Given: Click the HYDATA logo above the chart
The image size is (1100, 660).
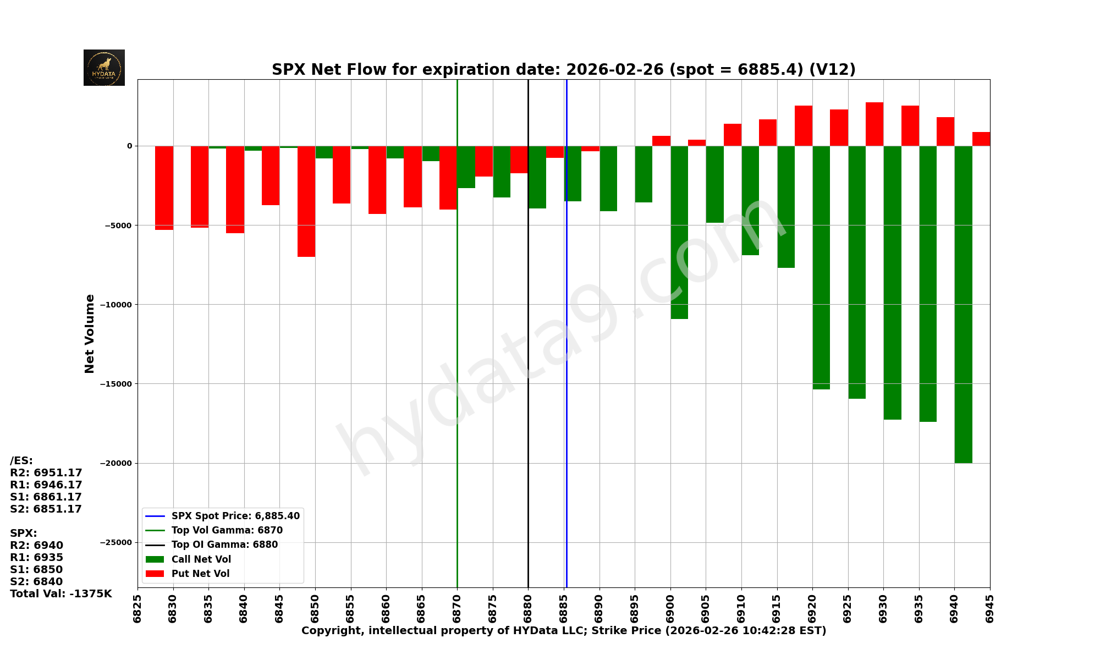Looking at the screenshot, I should coord(104,68).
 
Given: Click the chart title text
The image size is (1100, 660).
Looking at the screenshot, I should coord(563,70).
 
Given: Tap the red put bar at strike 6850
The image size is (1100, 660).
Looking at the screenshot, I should coord(306,201).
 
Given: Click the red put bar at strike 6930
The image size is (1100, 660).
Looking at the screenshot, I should coord(875,124).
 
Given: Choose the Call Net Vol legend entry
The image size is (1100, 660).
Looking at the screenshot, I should coord(201,559).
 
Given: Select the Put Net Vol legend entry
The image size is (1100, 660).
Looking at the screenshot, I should coord(200,574).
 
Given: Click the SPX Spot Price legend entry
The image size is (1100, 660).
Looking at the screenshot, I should coord(235,516).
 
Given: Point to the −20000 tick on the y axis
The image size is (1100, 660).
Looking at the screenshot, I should coord(116,463).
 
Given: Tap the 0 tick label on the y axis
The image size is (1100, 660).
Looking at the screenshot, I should coord(130,146).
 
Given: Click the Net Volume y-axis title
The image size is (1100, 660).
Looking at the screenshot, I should coord(90,333).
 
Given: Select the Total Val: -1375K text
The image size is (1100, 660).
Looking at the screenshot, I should coord(61,594).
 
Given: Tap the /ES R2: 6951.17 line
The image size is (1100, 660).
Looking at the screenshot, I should coord(46,473).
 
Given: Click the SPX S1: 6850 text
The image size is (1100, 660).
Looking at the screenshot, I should coord(36,570).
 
